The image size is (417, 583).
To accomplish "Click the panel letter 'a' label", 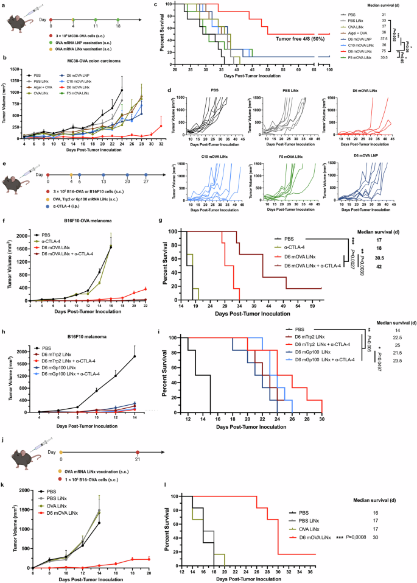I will tap(3, 4).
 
